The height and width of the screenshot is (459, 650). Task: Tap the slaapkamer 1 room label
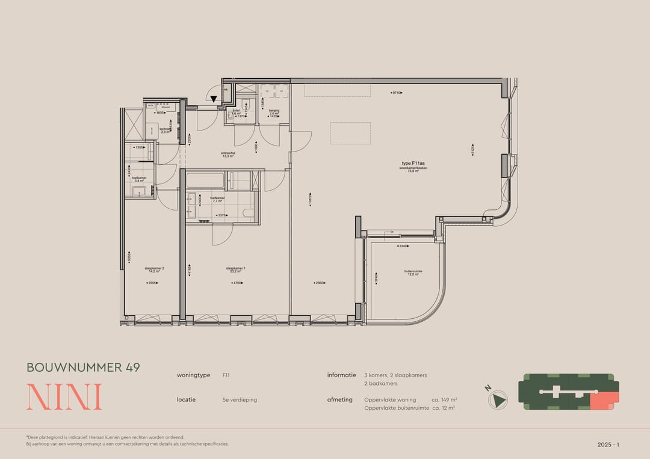coord(236,270)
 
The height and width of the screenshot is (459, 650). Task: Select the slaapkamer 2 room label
coord(154,270)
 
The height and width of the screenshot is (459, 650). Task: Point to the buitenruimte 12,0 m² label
coord(413,273)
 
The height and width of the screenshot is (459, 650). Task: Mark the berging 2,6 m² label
coord(274,112)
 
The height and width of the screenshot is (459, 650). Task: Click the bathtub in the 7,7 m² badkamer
coord(206,180)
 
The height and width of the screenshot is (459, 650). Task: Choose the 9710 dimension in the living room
coord(396,93)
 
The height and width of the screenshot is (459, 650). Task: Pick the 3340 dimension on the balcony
coord(404,246)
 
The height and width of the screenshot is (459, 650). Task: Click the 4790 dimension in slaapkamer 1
coord(237,283)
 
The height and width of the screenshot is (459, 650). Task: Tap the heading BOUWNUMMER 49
coord(83,367)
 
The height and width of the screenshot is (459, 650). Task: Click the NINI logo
coord(64,397)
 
